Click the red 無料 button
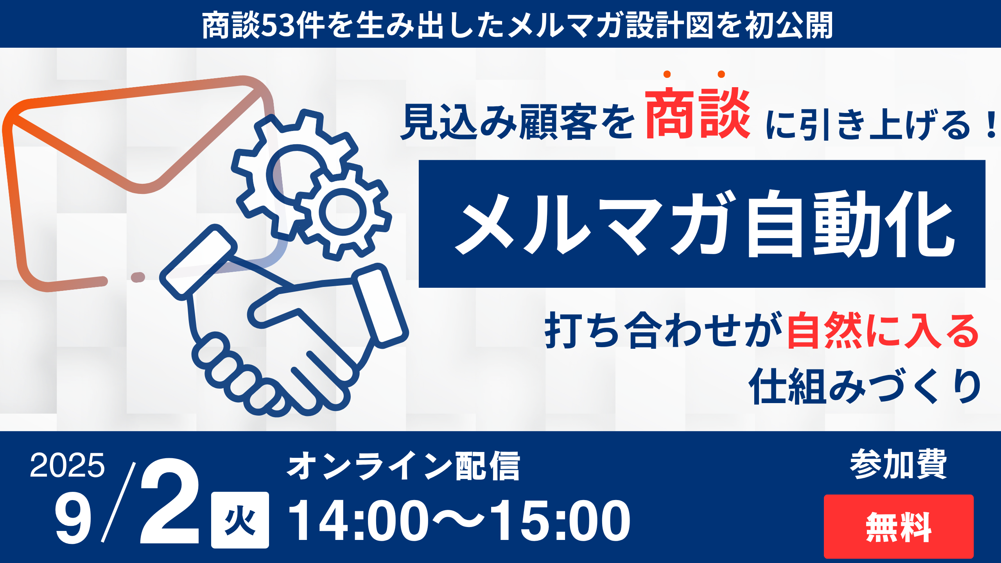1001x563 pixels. (x=898, y=526)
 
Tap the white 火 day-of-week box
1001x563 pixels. (x=240, y=520)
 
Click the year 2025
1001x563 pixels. (x=67, y=465)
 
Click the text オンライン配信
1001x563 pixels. (x=403, y=466)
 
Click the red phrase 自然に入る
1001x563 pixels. (x=883, y=330)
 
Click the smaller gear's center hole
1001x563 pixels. (x=343, y=212)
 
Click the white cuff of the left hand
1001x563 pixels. (x=199, y=262)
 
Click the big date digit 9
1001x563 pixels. (x=74, y=521)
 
